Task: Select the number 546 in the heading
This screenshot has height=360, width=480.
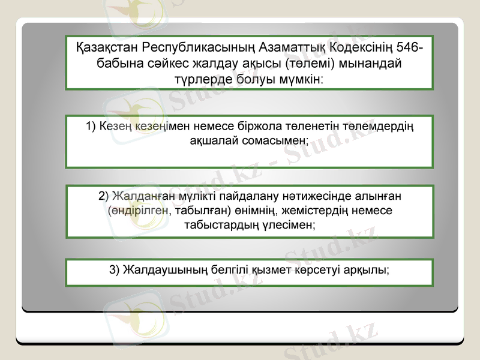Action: [x=406, y=47]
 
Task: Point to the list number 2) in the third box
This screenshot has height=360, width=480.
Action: [x=103, y=196]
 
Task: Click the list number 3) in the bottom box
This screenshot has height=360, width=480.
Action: [x=115, y=269]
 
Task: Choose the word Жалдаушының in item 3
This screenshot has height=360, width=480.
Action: [x=166, y=269]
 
